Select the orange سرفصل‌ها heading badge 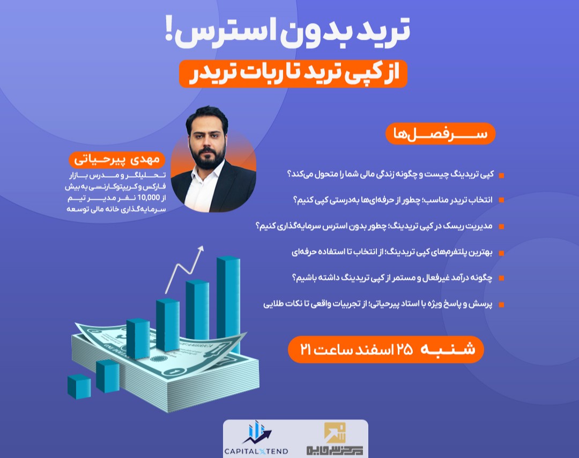(x=440, y=134)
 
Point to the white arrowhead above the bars (x=201, y=249)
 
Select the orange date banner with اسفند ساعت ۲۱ (x=386, y=349)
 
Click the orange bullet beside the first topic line (x=501, y=176)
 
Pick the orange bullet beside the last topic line (x=501, y=304)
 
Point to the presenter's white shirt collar (x=206, y=175)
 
